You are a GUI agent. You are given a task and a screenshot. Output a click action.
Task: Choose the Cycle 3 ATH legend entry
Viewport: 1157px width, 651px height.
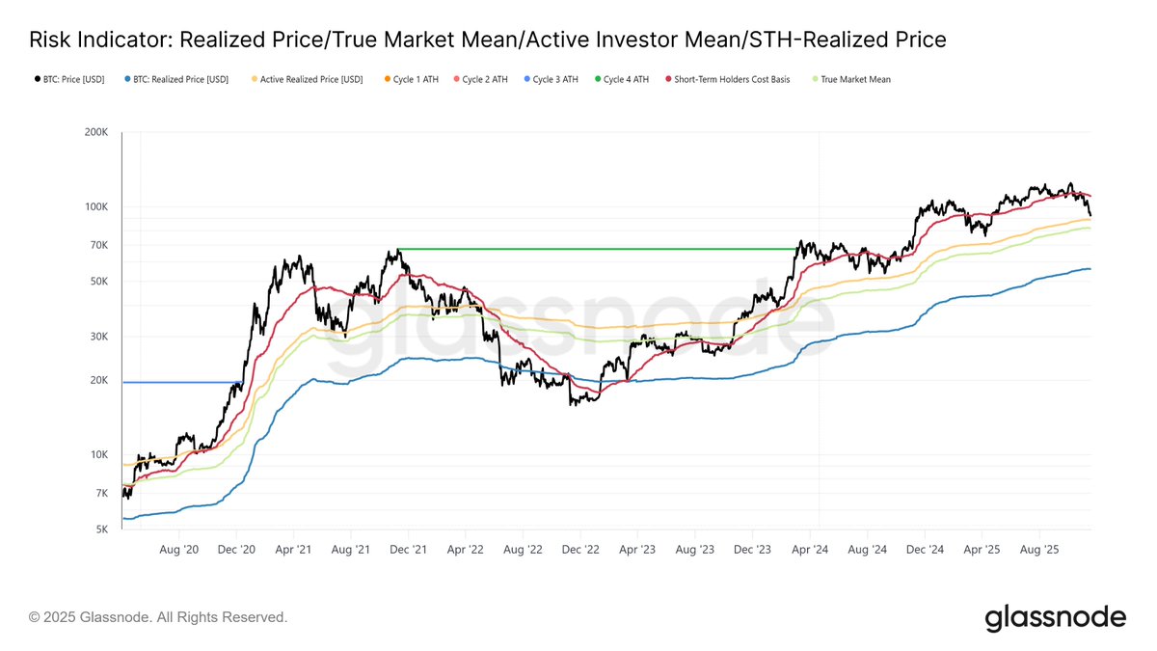(555, 79)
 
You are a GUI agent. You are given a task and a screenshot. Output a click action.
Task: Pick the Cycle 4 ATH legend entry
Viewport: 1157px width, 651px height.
(626, 79)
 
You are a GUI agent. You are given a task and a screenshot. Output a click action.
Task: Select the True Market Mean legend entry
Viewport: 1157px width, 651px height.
(855, 79)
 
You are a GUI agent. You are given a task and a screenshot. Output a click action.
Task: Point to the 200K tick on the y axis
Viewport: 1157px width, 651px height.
(96, 132)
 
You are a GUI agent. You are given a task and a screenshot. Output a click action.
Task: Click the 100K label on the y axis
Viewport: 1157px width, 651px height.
(96, 206)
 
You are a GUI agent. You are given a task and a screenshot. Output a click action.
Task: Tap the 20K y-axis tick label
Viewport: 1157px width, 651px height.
(99, 380)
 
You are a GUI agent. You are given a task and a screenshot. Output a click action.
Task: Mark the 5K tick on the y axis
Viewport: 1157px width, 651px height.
(102, 529)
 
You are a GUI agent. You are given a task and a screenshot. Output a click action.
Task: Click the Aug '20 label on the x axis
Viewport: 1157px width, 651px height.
(178, 549)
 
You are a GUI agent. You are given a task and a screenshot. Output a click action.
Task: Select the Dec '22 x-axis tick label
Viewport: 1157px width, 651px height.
(580, 549)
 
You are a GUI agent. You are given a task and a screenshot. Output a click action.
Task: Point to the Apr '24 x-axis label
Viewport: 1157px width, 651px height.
(810, 549)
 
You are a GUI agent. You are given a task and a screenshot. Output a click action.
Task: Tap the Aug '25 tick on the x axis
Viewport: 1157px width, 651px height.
(1039, 549)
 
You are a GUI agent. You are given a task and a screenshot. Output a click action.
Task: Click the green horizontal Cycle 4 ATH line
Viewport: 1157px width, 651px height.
(598, 249)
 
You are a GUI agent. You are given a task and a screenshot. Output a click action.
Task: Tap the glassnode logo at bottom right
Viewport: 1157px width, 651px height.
(1055, 617)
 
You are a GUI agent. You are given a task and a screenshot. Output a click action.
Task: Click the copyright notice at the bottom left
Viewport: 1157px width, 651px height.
(158, 616)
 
